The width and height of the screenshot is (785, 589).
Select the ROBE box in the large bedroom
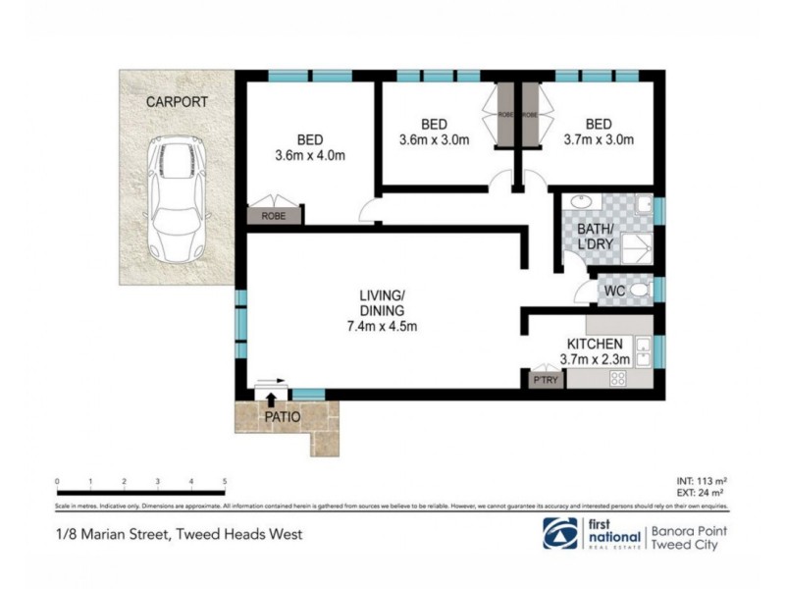tap(273, 215)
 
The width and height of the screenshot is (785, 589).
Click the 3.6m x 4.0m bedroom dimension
tap(310, 156)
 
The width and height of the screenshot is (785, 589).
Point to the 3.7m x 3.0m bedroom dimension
tap(598, 140)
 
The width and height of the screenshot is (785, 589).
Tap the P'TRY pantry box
tap(544, 380)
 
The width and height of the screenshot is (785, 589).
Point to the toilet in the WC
tap(639, 291)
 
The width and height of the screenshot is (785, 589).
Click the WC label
tap(615, 292)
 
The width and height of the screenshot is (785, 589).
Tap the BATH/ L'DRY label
tap(598, 236)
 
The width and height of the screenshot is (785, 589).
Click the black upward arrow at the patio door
tap(272, 396)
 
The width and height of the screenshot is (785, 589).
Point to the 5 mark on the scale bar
tap(226, 481)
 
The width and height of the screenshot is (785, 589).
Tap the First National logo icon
tap(561, 533)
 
